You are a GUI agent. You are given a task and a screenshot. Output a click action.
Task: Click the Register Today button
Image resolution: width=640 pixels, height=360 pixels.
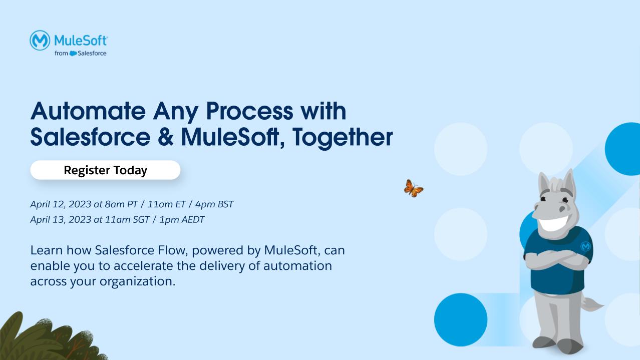(x=105, y=170)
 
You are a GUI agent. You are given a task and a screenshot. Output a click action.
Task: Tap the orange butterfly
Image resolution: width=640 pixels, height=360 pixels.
(x=413, y=189)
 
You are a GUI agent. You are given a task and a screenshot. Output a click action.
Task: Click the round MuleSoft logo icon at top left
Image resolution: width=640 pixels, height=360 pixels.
(x=40, y=40)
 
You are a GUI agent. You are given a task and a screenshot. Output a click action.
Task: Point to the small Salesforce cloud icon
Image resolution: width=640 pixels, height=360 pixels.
(x=73, y=54)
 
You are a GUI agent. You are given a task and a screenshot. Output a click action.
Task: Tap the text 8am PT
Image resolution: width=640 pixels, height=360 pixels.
(x=121, y=204)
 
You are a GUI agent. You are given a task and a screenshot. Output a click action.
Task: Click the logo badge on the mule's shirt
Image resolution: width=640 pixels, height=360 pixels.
(x=585, y=246)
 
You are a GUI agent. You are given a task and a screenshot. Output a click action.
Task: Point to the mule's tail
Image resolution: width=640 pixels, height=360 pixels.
(x=593, y=304)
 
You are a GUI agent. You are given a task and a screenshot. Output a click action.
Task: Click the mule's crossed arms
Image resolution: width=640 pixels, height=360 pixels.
(x=556, y=259)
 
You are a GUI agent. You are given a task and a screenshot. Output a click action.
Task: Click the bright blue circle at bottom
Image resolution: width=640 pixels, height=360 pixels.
(x=460, y=319)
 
